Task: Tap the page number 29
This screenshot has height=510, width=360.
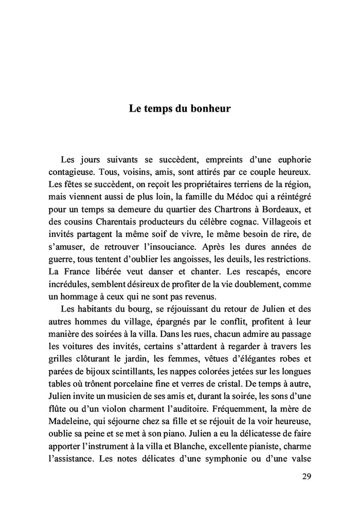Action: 306,476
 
